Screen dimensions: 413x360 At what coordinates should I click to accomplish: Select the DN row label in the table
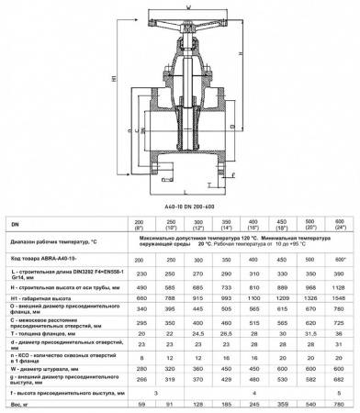click(14, 223)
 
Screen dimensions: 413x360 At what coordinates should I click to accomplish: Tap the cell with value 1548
click(341, 273)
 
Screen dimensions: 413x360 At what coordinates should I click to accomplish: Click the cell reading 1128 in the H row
click(341, 262)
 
